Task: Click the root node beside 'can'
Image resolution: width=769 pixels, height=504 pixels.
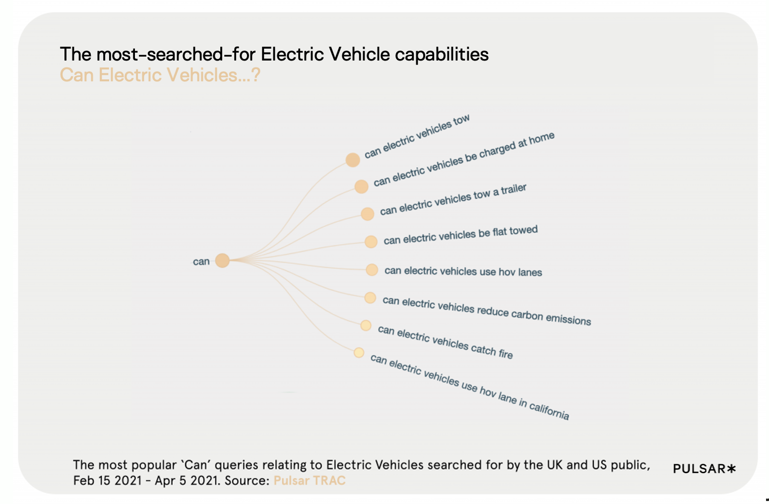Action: click(222, 260)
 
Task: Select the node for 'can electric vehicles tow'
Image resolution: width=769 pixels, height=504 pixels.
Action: click(353, 160)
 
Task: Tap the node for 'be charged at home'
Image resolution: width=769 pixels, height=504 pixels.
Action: click(361, 187)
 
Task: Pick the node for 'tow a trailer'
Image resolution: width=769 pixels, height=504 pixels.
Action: click(367, 214)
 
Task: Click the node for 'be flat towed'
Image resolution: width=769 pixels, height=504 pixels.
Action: click(371, 242)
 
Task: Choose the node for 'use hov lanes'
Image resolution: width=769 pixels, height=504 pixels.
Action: click(372, 270)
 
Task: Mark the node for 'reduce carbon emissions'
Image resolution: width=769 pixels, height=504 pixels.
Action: click(370, 298)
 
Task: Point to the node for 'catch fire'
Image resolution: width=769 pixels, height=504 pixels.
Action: click(366, 325)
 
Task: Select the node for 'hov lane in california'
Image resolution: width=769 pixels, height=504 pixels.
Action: click(359, 353)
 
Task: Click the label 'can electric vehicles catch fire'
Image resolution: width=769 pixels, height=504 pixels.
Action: click(445, 342)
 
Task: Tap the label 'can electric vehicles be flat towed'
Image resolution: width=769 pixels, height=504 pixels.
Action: click(460, 235)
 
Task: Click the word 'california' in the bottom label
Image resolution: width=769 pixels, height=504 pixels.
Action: click(549, 411)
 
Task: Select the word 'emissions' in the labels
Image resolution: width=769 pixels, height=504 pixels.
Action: click(568, 318)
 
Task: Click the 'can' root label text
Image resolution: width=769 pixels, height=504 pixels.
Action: click(201, 261)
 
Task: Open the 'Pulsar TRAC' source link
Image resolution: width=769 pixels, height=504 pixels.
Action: click(309, 480)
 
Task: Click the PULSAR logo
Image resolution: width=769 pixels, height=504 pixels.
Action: click(704, 469)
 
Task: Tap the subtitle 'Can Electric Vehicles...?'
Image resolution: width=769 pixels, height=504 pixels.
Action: click(160, 75)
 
